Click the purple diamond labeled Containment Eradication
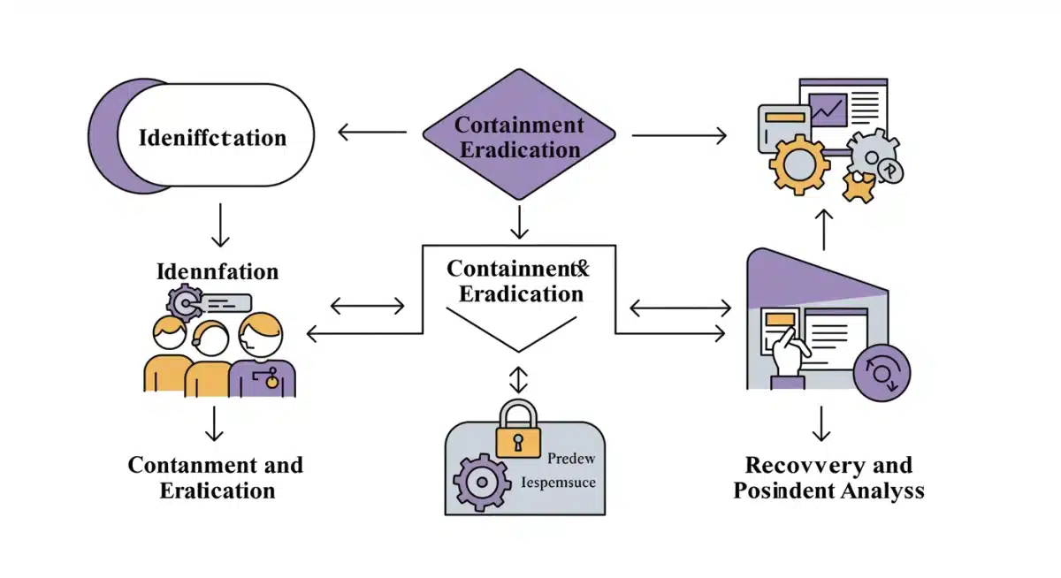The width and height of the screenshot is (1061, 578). [518, 137]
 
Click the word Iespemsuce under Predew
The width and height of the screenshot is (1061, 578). [559, 483]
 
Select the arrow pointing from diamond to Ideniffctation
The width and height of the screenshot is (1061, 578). [371, 134]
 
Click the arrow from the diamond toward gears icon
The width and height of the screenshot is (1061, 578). [678, 136]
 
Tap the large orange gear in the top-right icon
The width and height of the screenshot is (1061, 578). [799, 162]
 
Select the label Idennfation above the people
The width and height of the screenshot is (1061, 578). [218, 271]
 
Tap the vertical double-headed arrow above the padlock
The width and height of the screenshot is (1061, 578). [518, 380]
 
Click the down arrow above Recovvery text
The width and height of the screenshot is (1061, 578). [822, 424]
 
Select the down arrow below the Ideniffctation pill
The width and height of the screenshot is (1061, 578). [220, 228]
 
